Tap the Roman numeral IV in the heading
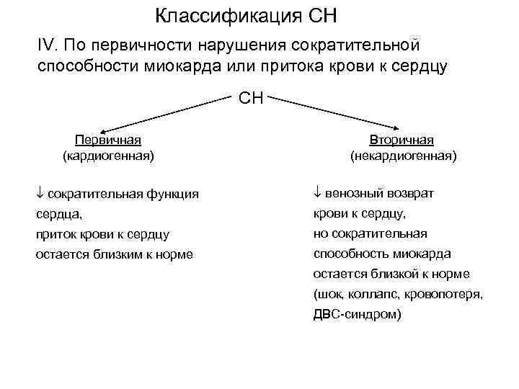pos(47,45)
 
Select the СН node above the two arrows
pos(252,98)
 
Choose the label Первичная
pos(108,140)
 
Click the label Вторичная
pos(403,140)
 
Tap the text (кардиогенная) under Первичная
pos(108,154)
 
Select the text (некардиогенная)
pos(403,154)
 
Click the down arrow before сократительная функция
pos(40,194)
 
